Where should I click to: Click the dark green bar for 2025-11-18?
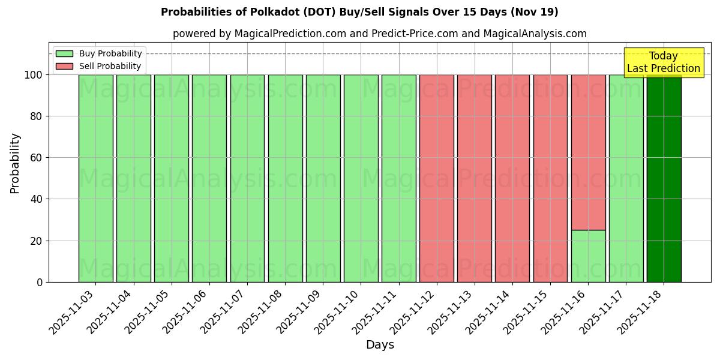(x=664, y=180)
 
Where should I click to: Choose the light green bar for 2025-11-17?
(x=626, y=180)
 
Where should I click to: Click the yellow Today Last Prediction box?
(x=663, y=62)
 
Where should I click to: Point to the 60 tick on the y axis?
(x=39, y=158)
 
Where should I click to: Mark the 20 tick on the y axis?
(x=39, y=241)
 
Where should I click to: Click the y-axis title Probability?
(x=15, y=163)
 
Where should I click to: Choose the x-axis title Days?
(x=380, y=345)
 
